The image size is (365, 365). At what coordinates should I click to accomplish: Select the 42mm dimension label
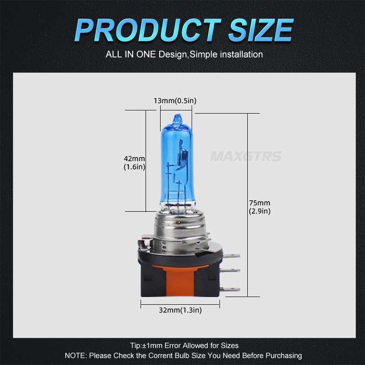[x=134, y=158]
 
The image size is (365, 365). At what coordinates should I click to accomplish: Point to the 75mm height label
[x=260, y=203]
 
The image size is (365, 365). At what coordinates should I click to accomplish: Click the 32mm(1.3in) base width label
[x=180, y=310]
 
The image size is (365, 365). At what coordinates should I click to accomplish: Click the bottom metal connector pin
[x=232, y=289]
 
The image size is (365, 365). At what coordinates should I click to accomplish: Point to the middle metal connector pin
[x=232, y=270]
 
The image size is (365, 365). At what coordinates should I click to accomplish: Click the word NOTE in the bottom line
[x=74, y=355]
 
